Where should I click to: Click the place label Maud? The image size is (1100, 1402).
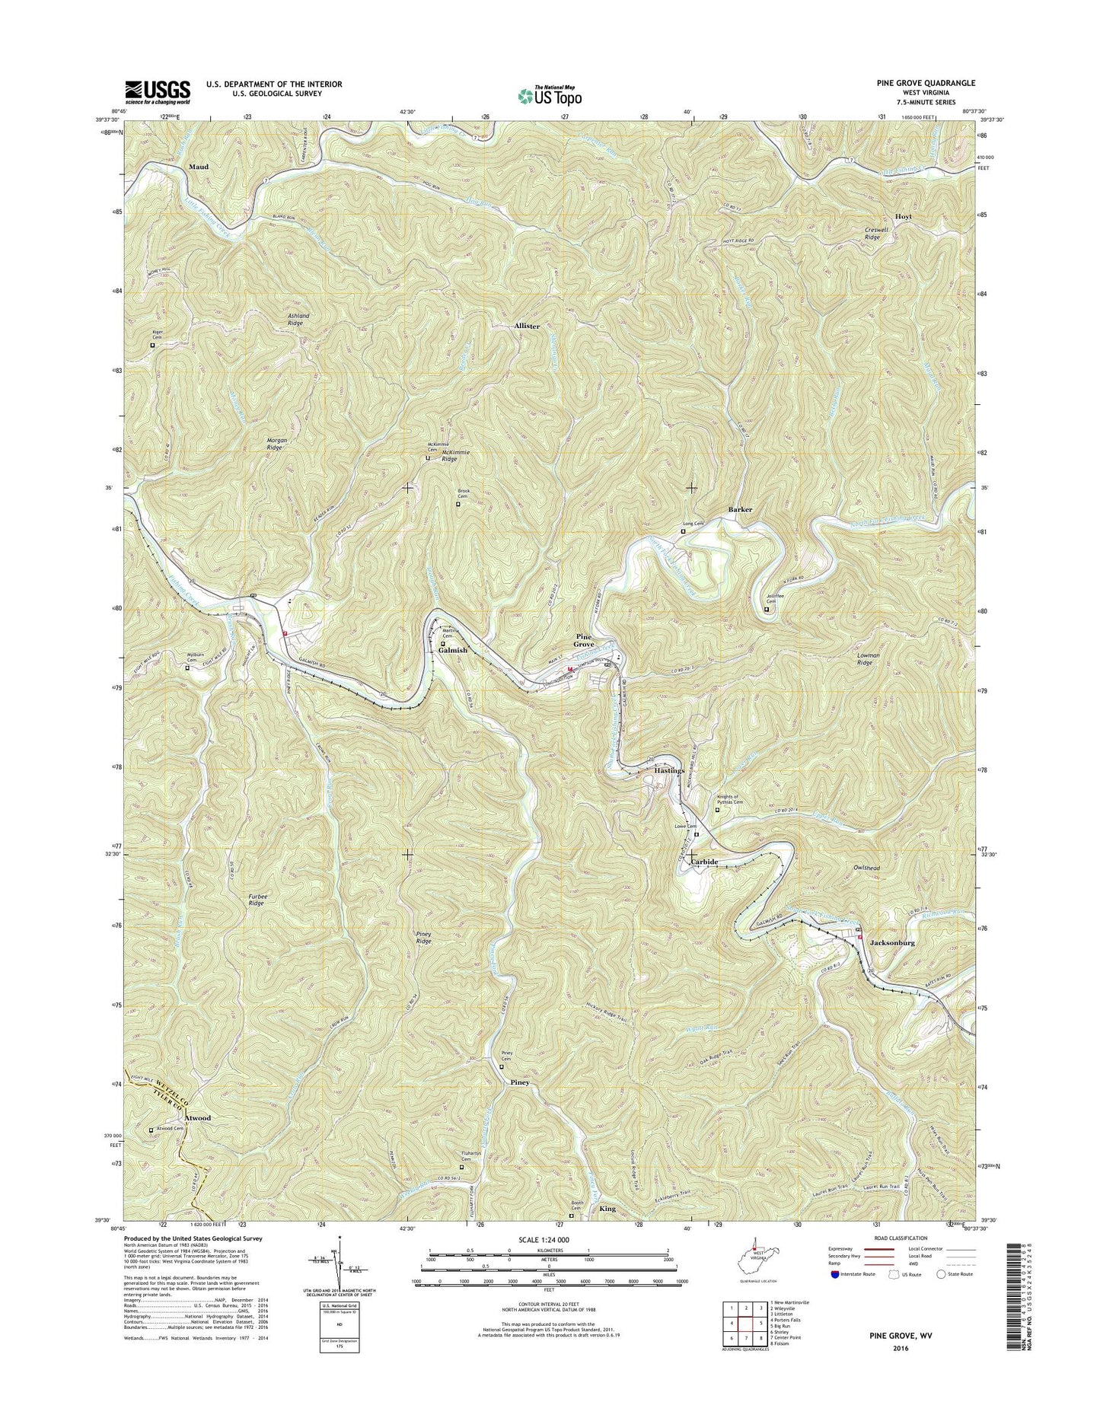click(199, 166)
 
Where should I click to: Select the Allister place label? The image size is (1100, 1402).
click(527, 326)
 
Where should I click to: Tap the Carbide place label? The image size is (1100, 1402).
click(704, 862)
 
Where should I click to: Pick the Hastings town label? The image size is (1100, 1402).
click(670, 771)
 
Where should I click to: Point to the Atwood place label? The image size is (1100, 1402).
click(196, 1118)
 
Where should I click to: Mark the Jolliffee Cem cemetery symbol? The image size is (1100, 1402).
click(767, 609)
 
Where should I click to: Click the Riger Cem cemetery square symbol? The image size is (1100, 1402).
click(152, 345)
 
